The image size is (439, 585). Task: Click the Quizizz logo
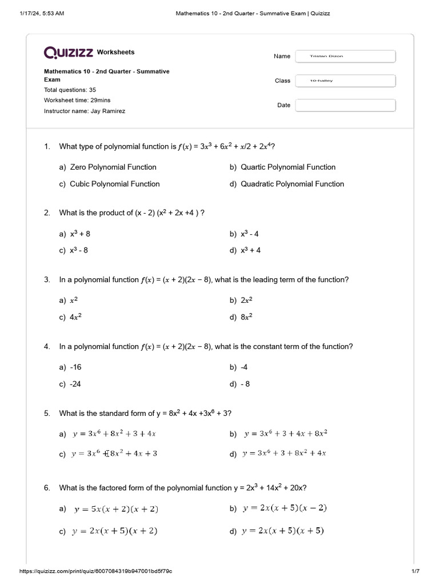[69, 53]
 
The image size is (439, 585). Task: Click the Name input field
[345, 56]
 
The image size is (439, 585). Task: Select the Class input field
[345, 81]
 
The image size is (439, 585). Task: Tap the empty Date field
[345, 105]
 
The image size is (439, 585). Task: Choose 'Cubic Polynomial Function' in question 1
[114, 184]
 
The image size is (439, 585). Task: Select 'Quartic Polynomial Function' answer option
[288, 167]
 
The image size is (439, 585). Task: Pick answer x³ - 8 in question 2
[79, 250]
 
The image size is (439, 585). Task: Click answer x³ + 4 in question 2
[250, 250]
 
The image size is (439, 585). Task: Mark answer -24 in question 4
[75, 384]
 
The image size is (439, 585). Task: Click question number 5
[47, 413]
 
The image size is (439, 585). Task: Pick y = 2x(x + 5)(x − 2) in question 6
[285, 508]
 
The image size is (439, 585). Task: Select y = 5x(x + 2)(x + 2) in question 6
[116, 509]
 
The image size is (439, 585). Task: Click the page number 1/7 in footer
[415, 571]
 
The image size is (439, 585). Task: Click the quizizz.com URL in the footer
[96, 571]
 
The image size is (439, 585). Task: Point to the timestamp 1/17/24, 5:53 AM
[41, 14]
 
